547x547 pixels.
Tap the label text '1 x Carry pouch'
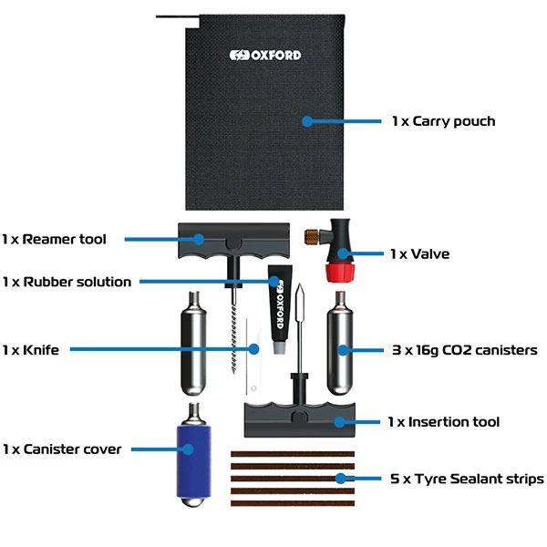click(x=443, y=120)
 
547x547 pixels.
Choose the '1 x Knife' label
click(x=30, y=349)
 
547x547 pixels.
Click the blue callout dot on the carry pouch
click(x=307, y=120)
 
